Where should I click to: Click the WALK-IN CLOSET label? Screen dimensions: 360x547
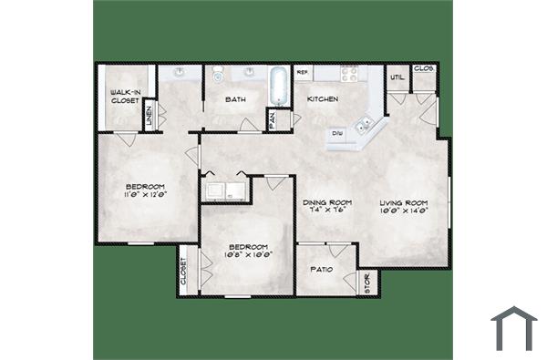pyautogui.click(x=124, y=96)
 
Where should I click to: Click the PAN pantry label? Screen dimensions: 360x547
pyautogui.click(x=272, y=118)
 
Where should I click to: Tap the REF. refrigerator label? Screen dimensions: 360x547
pyautogui.click(x=303, y=71)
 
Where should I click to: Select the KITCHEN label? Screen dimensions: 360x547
pyautogui.click(x=323, y=98)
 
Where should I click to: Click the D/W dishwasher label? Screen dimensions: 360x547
pyautogui.click(x=337, y=133)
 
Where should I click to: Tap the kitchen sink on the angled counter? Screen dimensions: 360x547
pyautogui.click(x=367, y=120)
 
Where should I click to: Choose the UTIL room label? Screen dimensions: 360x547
pyautogui.click(x=397, y=77)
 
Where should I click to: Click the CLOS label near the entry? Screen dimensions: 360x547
pyautogui.click(x=423, y=68)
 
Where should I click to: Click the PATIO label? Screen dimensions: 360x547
pyautogui.click(x=321, y=271)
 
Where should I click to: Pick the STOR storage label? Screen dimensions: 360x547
pyautogui.click(x=368, y=284)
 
